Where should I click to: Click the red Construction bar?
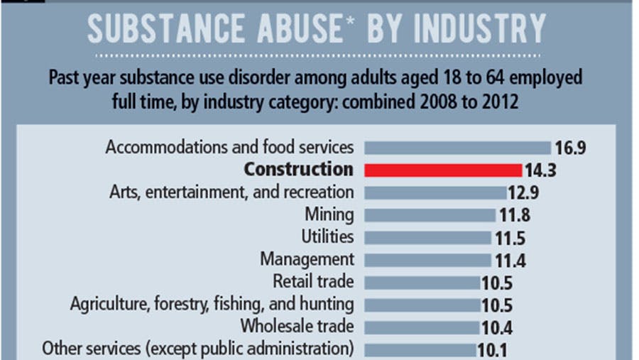(x=443, y=170)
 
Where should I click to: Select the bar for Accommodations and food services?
(x=457, y=148)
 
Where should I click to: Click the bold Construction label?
(x=298, y=170)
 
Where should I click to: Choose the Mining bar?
(x=430, y=214)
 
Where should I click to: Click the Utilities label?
(x=327, y=236)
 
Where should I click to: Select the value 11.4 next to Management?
(x=510, y=260)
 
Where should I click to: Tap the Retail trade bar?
(x=422, y=282)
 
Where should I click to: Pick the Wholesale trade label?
(x=297, y=327)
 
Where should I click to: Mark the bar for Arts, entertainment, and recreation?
(x=435, y=192)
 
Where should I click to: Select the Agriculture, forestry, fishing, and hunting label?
(x=212, y=304)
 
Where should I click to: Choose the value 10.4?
(x=497, y=327)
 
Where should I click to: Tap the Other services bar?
(x=420, y=349)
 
